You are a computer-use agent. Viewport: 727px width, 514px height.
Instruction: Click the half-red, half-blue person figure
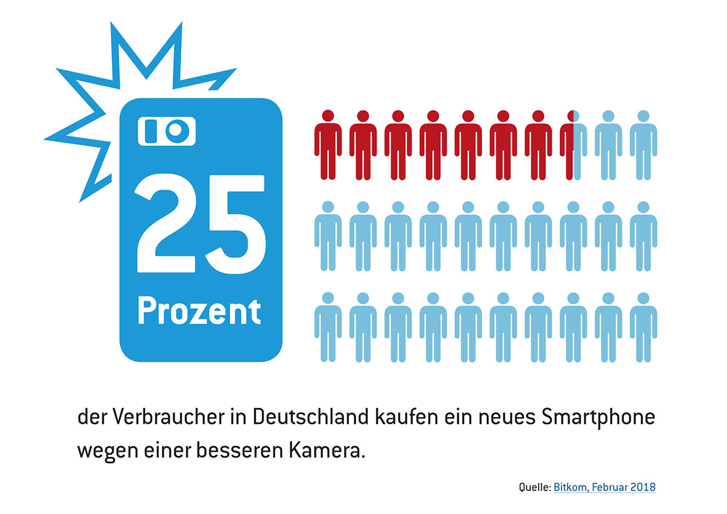click(x=573, y=145)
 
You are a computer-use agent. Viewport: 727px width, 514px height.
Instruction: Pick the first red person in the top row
click(x=328, y=145)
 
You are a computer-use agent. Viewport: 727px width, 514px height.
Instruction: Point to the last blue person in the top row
click(x=643, y=145)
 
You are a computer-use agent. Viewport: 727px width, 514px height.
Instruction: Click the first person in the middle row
click(x=328, y=236)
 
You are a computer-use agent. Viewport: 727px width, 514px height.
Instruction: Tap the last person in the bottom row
click(x=643, y=326)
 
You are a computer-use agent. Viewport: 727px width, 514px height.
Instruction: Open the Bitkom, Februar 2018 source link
click(x=604, y=487)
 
